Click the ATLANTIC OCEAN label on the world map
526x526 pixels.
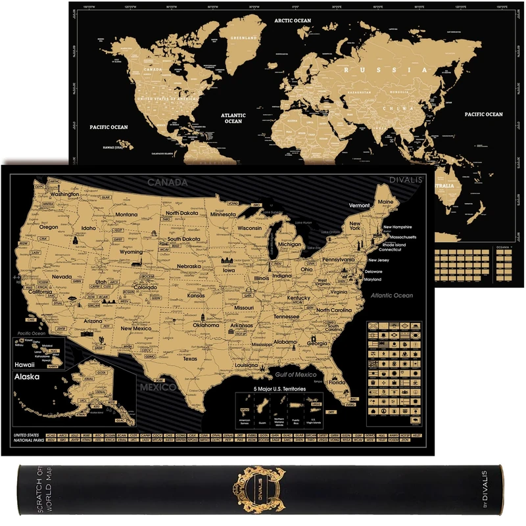[233, 117]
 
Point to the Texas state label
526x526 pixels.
[190, 359]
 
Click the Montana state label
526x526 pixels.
[126, 214]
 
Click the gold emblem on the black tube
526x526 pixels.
[263, 487]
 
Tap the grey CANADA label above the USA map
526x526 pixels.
[168, 181]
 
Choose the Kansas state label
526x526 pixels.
[196, 296]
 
